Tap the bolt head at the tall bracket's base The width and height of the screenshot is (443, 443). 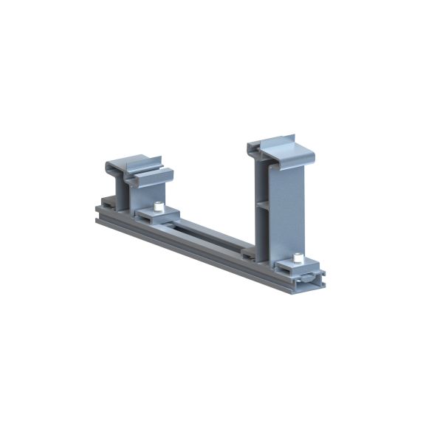pos(298,257)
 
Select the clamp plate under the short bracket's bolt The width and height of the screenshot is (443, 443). pos(157,216)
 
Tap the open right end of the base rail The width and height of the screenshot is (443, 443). pos(314,281)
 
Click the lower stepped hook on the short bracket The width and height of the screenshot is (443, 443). pos(151,178)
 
